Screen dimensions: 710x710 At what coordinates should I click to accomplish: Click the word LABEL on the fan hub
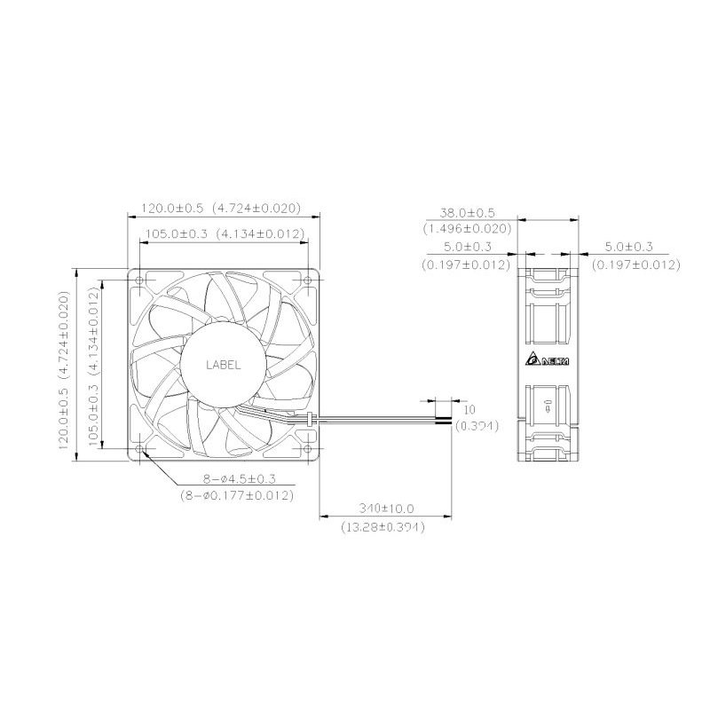pos(224,365)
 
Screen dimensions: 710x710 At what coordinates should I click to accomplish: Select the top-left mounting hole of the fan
pos(139,280)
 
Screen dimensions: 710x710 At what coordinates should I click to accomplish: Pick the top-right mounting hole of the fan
pos(308,280)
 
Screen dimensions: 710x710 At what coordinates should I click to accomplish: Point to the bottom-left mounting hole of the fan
pos(139,449)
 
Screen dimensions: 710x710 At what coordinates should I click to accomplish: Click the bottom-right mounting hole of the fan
pos(308,449)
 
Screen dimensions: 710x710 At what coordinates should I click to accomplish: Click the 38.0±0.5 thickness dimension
pos(468,212)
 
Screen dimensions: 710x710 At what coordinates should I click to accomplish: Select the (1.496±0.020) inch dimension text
pos(468,229)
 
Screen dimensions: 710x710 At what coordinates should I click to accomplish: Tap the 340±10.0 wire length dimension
pos(386,509)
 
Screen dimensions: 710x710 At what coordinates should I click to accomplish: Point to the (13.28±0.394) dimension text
pos(383,527)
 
